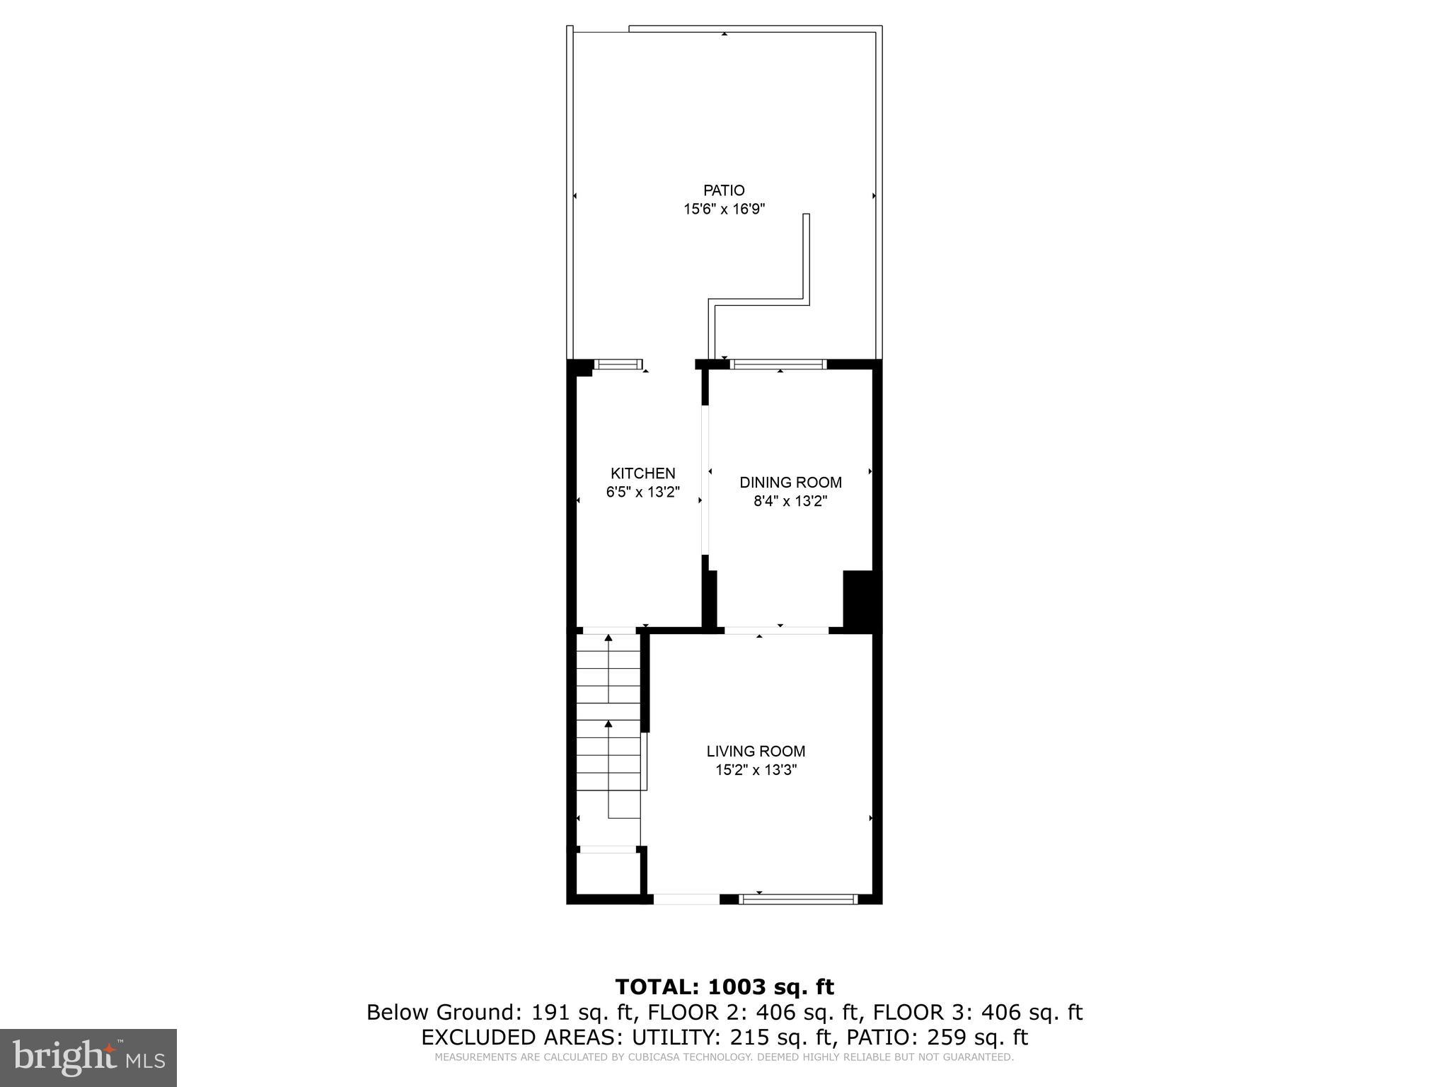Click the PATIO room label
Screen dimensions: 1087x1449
(724, 190)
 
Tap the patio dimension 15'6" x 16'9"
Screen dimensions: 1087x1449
(724, 209)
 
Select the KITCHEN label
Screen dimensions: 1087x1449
(642, 473)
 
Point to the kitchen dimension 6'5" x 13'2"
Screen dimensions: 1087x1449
(642, 493)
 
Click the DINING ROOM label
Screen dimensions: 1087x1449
(790, 483)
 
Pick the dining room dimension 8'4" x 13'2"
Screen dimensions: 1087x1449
(790, 502)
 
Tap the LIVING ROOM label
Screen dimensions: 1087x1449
(756, 752)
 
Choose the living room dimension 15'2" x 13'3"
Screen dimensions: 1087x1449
(756, 771)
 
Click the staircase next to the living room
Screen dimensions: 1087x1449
(609, 736)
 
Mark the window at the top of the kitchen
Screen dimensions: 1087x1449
(618, 364)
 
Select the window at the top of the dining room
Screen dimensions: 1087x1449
(778, 364)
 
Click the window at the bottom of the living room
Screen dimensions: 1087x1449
(798, 899)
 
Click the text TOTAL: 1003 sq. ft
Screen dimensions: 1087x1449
(724, 987)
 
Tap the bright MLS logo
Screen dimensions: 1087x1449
(88, 1057)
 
